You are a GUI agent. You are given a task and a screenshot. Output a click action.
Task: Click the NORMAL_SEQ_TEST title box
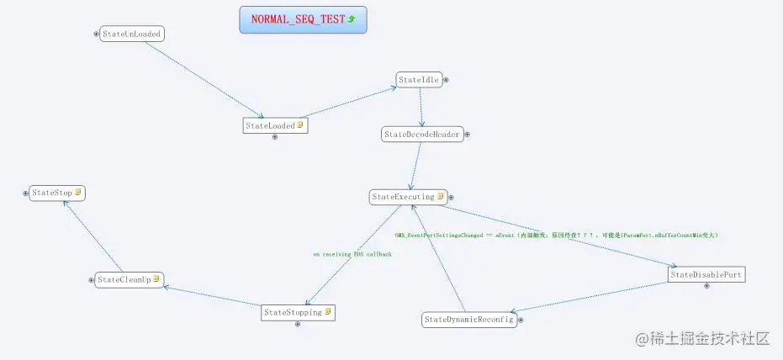click(303, 19)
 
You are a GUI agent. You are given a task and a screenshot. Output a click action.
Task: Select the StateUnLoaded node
click(131, 34)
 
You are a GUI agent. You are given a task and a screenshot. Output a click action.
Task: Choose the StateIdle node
click(419, 80)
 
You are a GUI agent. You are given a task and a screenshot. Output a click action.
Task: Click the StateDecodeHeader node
click(421, 134)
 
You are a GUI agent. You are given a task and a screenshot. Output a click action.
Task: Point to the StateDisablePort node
click(706, 274)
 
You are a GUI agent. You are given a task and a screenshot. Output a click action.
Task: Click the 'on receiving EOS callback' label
click(352, 253)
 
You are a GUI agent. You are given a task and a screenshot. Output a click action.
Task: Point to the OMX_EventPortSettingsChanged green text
click(555, 236)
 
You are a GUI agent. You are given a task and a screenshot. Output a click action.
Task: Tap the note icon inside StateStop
click(77, 193)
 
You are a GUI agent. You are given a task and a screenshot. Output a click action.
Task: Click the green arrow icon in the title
click(352, 19)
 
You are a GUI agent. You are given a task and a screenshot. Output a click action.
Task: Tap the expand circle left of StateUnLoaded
click(96, 34)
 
